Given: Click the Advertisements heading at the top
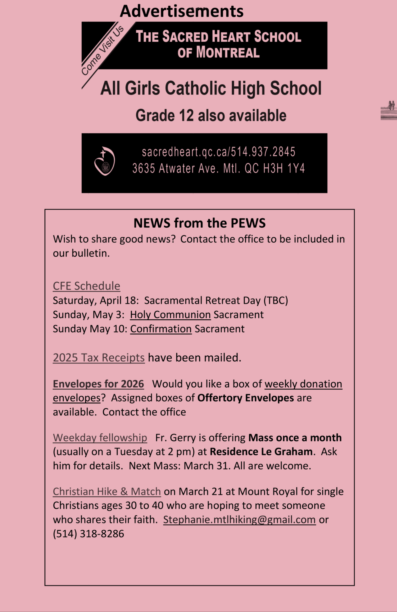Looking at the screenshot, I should click(x=182, y=11).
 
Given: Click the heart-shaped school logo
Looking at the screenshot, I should click(x=104, y=161).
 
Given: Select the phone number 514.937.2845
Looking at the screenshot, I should click(x=263, y=152).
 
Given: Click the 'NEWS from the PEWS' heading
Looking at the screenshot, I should click(x=200, y=223).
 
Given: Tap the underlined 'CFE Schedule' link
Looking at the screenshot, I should click(x=86, y=286).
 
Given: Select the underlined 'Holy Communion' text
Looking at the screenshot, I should click(x=170, y=314).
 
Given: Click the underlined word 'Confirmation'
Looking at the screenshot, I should click(x=161, y=329).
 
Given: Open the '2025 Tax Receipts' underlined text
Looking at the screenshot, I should click(x=99, y=357).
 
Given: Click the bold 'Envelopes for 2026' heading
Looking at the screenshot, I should click(x=98, y=384).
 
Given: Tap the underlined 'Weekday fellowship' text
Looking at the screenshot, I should click(x=100, y=438).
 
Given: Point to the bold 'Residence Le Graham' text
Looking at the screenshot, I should click(x=261, y=452).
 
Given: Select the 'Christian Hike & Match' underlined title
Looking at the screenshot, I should click(x=107, y=491).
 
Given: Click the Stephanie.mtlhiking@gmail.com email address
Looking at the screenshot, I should click(x=239, y=520).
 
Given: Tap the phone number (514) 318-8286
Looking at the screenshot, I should click(x=89, y=534).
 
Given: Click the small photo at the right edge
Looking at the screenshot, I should click(x=389, y=110).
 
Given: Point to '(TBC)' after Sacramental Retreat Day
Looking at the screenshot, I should click(x=276, y=300).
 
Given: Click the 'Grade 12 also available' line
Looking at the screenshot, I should click(x=211, y=115).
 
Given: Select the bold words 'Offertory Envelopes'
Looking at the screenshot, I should click(x=246, y=398).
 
